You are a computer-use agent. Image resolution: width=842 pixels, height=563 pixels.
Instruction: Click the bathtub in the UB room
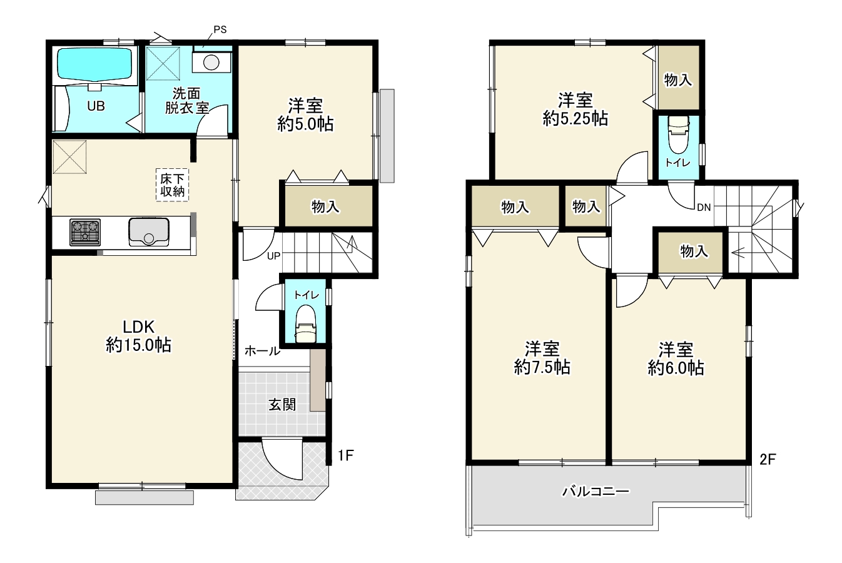tap(94, 64)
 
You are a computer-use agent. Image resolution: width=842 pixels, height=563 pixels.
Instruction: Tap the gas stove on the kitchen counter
tap(85, 232)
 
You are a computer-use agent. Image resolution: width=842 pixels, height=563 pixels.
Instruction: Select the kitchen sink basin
tap(149, 232)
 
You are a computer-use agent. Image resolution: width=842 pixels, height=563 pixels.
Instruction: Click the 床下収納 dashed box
tap(172, 185)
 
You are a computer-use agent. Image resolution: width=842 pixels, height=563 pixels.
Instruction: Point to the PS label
tap(220, 29)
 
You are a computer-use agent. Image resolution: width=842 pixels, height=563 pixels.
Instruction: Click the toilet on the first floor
tap(305, 324)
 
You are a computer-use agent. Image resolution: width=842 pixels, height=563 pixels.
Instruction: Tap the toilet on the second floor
tap(678, 134)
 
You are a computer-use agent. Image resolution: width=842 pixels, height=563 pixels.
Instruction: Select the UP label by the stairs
tap(273, 256)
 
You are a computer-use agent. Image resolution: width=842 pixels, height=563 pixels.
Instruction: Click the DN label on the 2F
tap(704, 207)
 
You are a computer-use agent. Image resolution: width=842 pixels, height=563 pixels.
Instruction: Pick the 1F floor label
tap(345, 455)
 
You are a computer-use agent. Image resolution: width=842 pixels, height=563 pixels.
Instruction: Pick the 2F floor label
tap(768, 459)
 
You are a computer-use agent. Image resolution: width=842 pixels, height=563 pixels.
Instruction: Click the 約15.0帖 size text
tap(138, 345)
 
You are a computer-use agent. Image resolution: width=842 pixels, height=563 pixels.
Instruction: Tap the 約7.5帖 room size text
tap(542, 367)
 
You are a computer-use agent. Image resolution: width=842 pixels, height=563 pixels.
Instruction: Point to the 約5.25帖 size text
tap(575, 119)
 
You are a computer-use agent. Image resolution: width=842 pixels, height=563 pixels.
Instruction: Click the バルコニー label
tap(596, 492)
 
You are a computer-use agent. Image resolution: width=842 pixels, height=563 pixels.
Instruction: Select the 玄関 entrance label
tap(282, 405)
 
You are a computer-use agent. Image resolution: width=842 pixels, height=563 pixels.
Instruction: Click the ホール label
tap(262, 352)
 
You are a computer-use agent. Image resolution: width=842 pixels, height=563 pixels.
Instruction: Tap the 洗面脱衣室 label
tap(187, 100)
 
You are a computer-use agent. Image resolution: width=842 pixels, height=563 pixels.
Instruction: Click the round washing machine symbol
tap(211, 63)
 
